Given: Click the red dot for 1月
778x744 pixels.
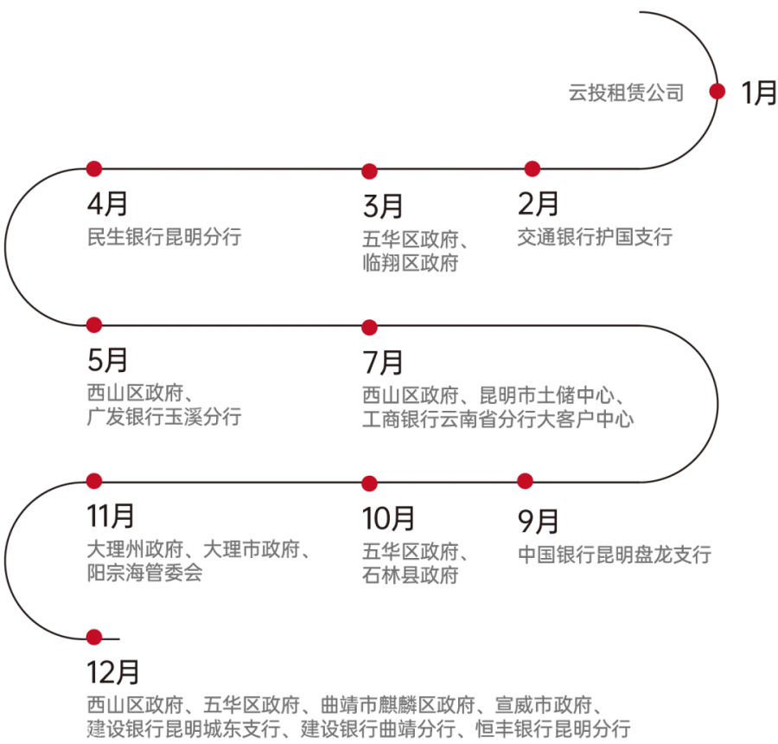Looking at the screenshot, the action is pyautogui.click(x=717, y=92).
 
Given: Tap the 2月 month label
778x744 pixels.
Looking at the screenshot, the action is pyautogui.click(x=538, y=203).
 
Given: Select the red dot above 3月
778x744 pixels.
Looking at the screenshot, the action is pyautogui.click(x=369, y=171).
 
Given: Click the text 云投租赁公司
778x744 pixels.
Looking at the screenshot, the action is pyautogui.click(x=626, y=93).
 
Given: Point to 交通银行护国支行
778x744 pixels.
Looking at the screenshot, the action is pyautogui.click(x=595, y=237).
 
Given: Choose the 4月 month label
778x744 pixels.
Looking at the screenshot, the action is pyautogui.click(x=108, y=203).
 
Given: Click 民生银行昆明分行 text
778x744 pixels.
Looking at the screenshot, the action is pyautogui.click(x=164, y=237).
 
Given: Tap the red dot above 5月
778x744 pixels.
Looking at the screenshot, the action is pyautogui.click(x=93, y=324).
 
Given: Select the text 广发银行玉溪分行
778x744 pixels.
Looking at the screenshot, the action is pyautogui.click(x=164, y=416).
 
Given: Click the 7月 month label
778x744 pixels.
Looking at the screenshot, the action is pyautogui.click(x=383, y=362).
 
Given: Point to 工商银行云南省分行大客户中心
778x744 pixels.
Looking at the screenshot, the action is pyautogui.click(x=498, y=419).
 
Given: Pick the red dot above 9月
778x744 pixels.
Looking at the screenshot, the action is pyautogui.click(x=525, y=481).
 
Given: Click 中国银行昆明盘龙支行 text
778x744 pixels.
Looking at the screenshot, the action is pyautogui.click(x=615, y=555).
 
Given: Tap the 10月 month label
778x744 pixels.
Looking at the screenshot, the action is pyautogui.click(x=388, y=518).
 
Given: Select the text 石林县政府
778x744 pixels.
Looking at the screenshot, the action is pyautogui.click(x=411, y=575).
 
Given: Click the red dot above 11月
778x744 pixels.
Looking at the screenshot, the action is pyautogui.click(x=93, y=481).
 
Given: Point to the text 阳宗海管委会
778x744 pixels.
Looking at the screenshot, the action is pyautogui.click(x=145, y=572).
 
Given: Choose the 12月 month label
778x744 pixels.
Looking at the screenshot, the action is pyautogui.click(x=113, y=672).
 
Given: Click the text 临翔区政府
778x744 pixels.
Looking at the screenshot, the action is pyautogui.click(x=411, y=263).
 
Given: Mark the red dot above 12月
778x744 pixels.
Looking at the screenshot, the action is pyautogui.click(x=93, y=638).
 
